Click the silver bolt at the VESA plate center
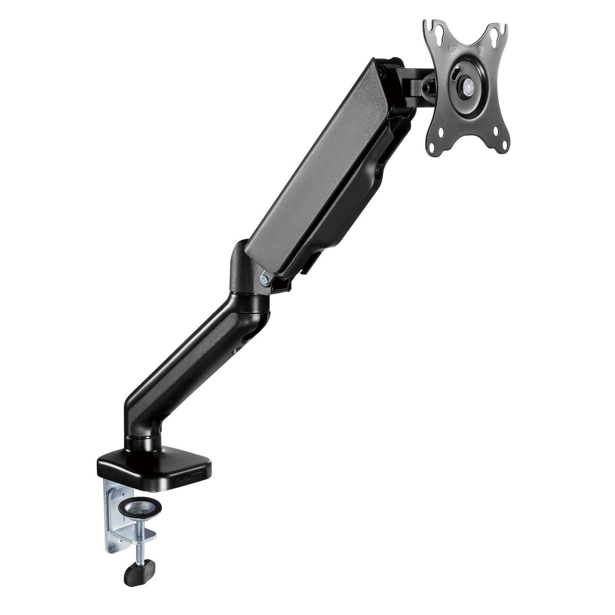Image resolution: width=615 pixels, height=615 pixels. click(x=467, y=87)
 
